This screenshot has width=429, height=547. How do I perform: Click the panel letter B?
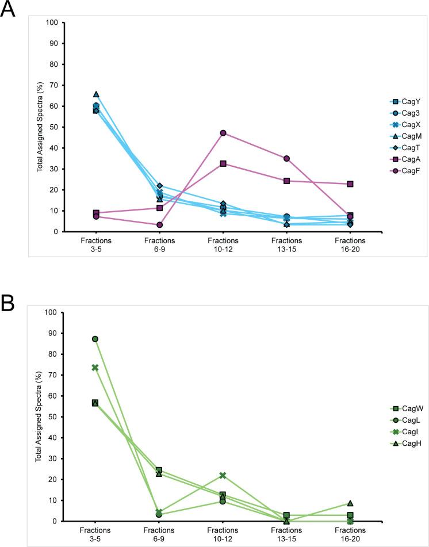pyautogui.click(x=9, y=301)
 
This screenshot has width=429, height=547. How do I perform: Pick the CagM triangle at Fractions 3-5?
pyautogui.click(x=96, y=94)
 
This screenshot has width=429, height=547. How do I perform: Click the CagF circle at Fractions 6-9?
pyautogui.click(x=159, y=225)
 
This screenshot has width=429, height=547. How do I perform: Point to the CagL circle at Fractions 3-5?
pyautogui.click(x=95, y=339)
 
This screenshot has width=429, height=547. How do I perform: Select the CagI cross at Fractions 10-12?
pyautogui.click(x=223, y=475)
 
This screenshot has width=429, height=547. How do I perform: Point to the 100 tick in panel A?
pyautogui.click(x=53, y=23)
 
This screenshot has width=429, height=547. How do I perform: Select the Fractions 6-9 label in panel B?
pyautogui.click(x=159, y=533)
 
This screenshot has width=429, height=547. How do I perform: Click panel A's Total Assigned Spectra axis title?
pyautogui.click(x=40, y=128)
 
